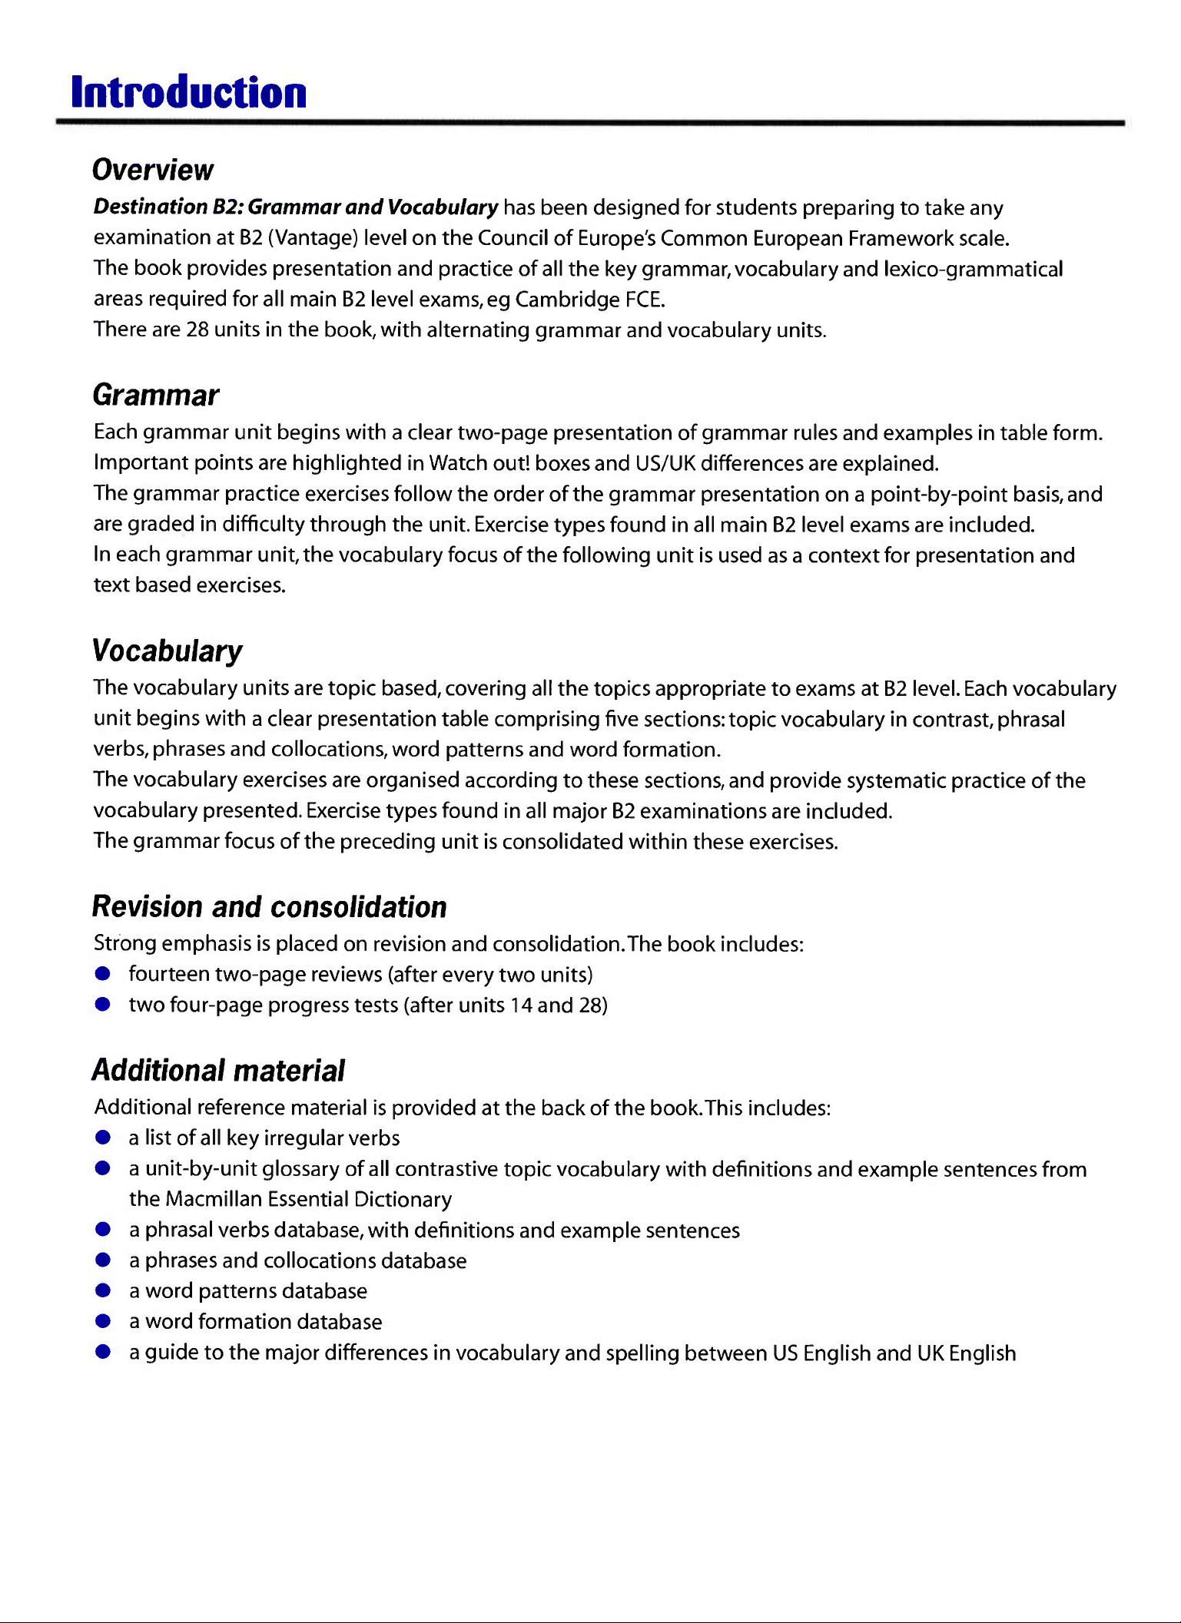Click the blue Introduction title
coord(189,93)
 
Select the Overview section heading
coord(153,170)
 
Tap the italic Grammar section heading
coord(156,395)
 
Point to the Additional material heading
coord(219,1070)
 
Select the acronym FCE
coord(645,299)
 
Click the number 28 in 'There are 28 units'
coord(197,330)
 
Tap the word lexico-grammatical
coord(974,269)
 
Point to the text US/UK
coord(665,463)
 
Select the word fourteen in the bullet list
coord(169,974)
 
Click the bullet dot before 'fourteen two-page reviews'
coord(103,974)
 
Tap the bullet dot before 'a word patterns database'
coord(103,1290)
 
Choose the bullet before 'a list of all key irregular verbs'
coord(103,1138)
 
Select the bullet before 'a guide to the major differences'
coord(103,1352)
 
